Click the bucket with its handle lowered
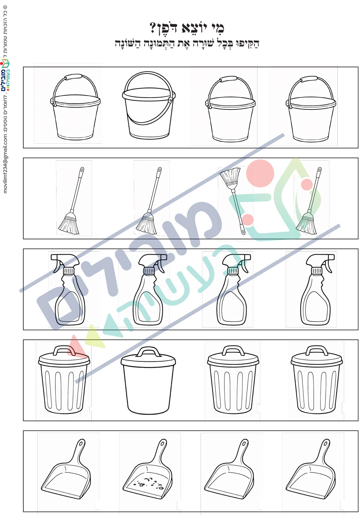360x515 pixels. (149, 105)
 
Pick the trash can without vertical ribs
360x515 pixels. (148, 381)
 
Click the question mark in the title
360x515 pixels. (153, 28)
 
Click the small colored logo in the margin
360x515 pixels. (5, 75)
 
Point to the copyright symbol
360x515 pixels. (5, 7)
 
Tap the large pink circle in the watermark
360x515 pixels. (260, 173)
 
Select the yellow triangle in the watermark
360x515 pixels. (94, 336)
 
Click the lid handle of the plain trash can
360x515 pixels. (148, 352)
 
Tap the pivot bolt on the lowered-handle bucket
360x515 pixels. (170, 100)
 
